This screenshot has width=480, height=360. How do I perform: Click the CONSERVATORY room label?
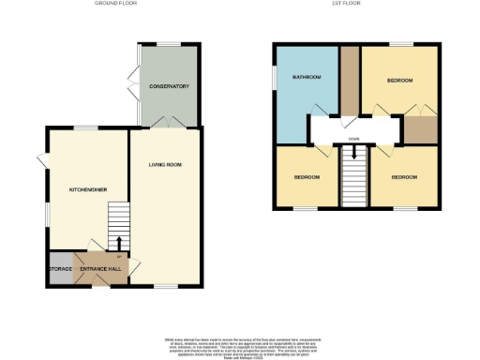click(169, 86)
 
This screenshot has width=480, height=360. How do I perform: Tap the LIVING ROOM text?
click(165, 165)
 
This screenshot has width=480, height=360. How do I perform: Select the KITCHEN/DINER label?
click(87, 190)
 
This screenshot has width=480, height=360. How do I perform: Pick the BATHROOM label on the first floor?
click(307, 77)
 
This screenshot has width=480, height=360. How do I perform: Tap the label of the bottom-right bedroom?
click(404, 177)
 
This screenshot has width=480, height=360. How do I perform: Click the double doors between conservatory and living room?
click(166, 124)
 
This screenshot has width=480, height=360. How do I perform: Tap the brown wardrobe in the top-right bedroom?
click(421, 129)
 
